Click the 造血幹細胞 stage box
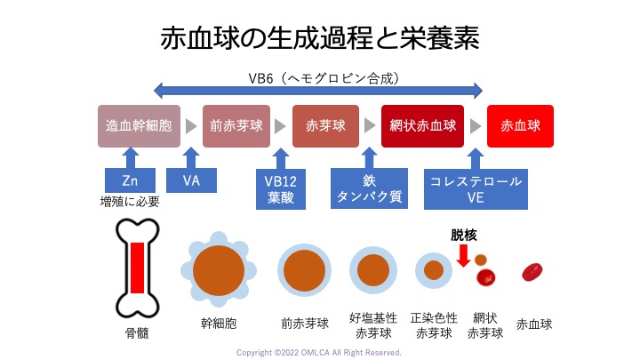[139, 126]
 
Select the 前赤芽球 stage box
[236, 126]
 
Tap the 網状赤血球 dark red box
[422, 126]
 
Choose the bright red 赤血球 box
[520, 126]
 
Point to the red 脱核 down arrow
[463, 255]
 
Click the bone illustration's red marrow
[138, 268]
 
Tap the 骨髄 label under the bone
[137, 333]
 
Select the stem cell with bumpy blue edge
[219, 270]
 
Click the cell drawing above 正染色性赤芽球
[434, 270]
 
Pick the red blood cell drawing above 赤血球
[532, 272]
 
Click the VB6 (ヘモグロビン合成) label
[324, 78]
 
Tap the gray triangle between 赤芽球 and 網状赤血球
[370, 126]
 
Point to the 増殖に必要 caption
[130, 202]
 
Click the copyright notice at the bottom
[319, 353]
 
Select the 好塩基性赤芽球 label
[373, 325]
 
